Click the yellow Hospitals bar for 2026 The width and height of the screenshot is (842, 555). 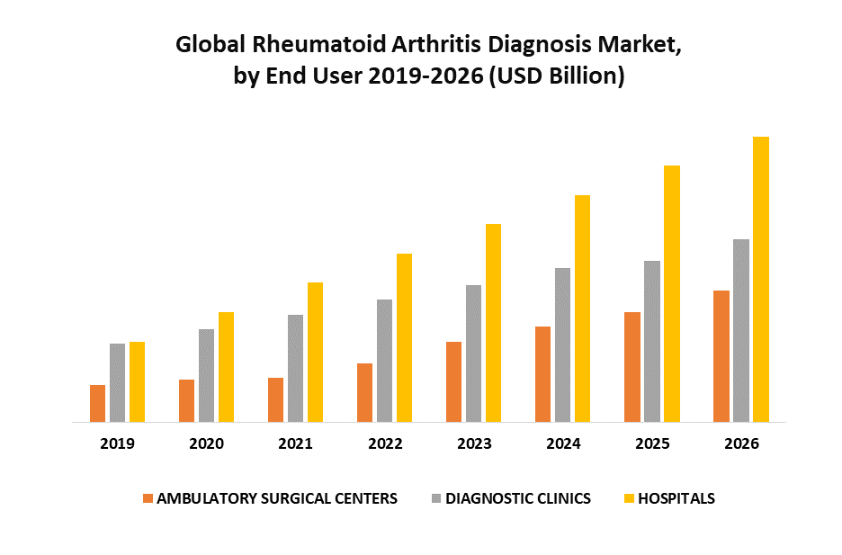761,279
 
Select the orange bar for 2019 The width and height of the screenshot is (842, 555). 97,403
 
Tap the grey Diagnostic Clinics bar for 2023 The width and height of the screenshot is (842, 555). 473,353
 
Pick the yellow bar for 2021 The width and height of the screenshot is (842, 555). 315,352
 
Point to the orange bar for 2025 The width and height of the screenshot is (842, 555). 632,366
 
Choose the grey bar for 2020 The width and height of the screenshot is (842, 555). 206,375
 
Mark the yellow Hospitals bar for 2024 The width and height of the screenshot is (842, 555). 582,308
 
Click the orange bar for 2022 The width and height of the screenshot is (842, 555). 364,392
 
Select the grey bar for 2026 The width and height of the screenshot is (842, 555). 741,330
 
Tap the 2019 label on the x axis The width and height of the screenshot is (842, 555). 117,444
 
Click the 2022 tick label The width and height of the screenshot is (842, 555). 385,444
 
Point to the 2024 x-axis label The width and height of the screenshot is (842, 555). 563,444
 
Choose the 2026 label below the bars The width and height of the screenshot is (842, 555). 741,444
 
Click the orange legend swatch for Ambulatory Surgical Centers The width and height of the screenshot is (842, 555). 148,498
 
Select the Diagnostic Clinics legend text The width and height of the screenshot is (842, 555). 518,498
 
